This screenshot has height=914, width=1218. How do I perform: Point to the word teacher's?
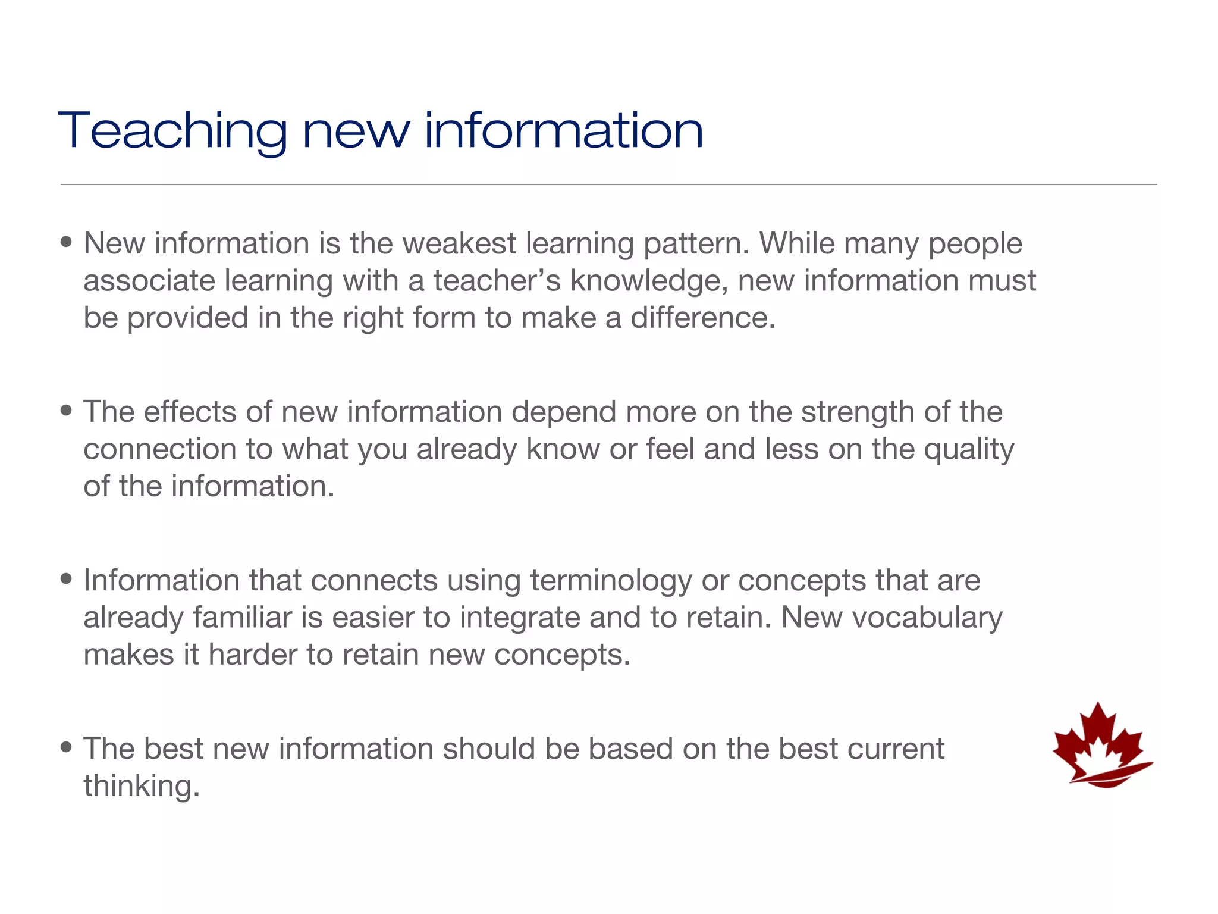[497, 281]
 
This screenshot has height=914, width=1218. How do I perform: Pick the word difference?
[703, 318]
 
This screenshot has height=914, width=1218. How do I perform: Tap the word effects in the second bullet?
[190, 412]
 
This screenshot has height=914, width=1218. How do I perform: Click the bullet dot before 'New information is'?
[67, 242]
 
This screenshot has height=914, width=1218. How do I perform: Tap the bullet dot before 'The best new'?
[67, 747]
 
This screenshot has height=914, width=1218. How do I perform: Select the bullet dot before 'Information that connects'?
[67, 578]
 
